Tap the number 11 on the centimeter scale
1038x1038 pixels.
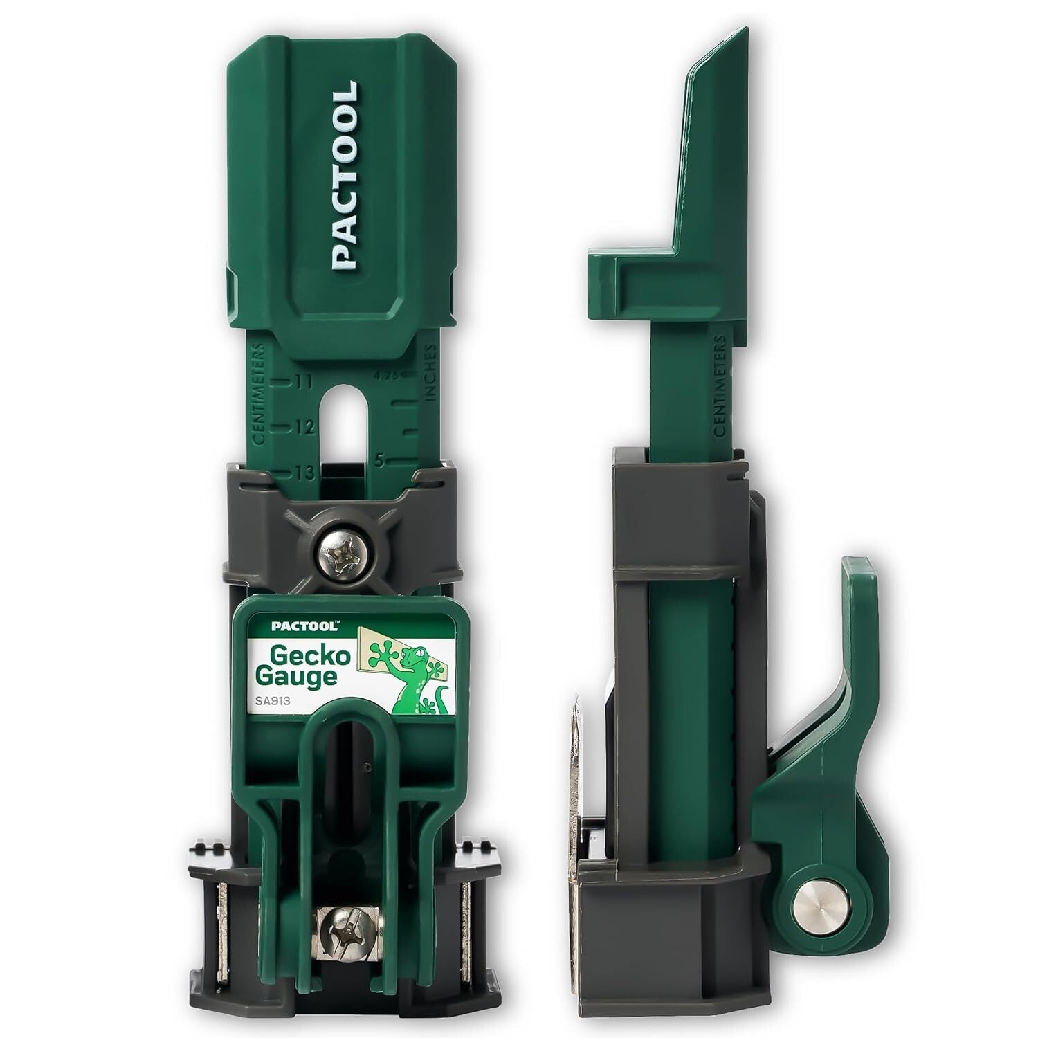point(303,381)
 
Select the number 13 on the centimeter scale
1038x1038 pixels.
point(303,473)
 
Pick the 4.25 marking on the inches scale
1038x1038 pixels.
point(385,376)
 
